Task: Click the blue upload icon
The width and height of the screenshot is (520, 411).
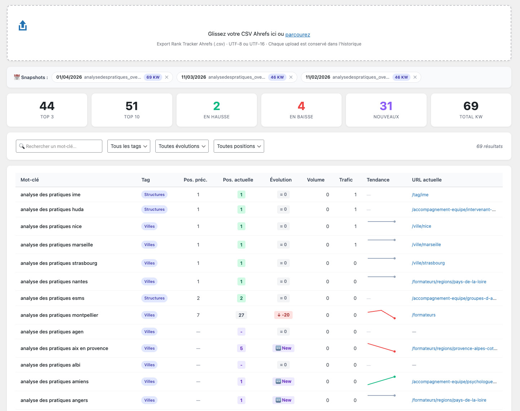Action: tap(23, 25)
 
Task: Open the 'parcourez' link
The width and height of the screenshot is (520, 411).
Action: tap(297, 34)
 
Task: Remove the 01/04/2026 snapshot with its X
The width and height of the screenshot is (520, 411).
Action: tap(167, 77)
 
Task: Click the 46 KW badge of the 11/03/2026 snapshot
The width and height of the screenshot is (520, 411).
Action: tap(277, 77)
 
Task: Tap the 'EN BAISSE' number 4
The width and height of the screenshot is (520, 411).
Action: tap(301, 106)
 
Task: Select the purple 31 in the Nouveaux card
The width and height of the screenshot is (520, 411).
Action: tap(386, 106)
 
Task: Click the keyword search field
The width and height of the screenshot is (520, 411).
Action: tap(59, 146)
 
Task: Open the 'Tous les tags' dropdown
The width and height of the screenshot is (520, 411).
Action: tap(129, 146)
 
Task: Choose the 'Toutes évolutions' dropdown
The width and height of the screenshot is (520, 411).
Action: tap(182, 146)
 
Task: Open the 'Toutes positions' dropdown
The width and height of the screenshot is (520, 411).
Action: tap(239, 146)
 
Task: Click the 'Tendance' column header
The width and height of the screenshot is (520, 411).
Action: tap(378, 180)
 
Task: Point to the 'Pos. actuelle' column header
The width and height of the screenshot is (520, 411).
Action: tap(238, 180)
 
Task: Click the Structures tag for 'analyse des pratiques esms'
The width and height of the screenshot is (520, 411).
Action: tap(154, 298)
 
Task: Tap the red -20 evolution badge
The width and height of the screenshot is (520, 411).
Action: tap(283, 315)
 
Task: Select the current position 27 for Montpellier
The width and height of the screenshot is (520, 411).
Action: tap(241, 315)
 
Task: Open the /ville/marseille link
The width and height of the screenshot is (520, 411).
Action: tap(426, 244)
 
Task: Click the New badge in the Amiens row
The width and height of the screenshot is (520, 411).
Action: tap(283, 381)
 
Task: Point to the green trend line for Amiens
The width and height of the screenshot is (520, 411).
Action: tap(381, 380)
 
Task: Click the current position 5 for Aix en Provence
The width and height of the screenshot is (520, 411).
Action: tap(241, 348)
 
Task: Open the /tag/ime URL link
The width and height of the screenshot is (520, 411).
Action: tap(420, 194)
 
